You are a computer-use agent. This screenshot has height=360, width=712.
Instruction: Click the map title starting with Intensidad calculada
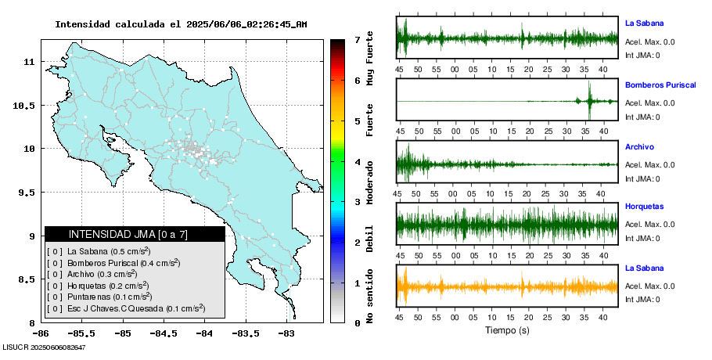tap(181, 24)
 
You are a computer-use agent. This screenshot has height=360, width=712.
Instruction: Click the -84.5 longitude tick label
tap(163, 333)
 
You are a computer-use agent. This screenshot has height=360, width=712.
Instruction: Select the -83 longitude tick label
tap(286, 333)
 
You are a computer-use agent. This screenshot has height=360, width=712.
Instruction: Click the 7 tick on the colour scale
tap(356, 39)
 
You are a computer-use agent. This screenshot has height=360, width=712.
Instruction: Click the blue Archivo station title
tap(639, 146)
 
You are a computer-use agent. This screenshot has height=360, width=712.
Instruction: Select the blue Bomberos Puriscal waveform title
tap(660, 85)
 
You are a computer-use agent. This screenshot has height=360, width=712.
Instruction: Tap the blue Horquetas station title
tap(644, 207)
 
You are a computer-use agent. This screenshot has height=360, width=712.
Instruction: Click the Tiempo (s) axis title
tap(508, 330)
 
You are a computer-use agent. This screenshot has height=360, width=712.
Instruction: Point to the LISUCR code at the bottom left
tap(44, 347)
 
